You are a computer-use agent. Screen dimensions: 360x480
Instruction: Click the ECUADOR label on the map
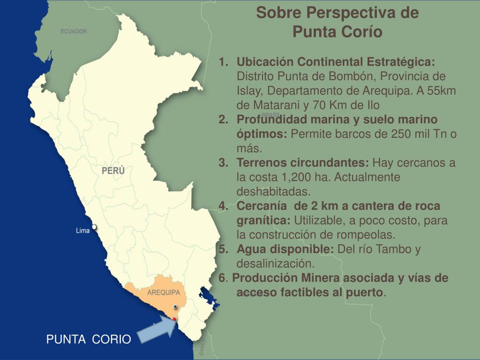click(x=74, y=31)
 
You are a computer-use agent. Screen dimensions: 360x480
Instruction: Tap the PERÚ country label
click(x=113, y=171)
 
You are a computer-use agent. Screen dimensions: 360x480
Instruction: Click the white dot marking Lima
click(x=94, y=227)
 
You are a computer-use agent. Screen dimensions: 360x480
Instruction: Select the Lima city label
click(x=82, y=231)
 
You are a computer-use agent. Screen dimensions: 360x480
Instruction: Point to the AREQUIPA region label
click(x=164, y=292)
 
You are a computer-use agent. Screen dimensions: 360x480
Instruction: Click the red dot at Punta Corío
click(x=174, y=319)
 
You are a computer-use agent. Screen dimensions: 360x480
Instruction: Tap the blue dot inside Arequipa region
click(x=175, y=307)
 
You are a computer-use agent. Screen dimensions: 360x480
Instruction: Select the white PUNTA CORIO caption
click(x=89, y=339)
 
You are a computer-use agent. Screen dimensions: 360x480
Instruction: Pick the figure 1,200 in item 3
click(x=297, y=178)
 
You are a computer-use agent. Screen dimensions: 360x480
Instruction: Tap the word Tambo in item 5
click(x=397, y=249)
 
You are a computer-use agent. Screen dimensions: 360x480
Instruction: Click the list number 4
click(x=223, y=206)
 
